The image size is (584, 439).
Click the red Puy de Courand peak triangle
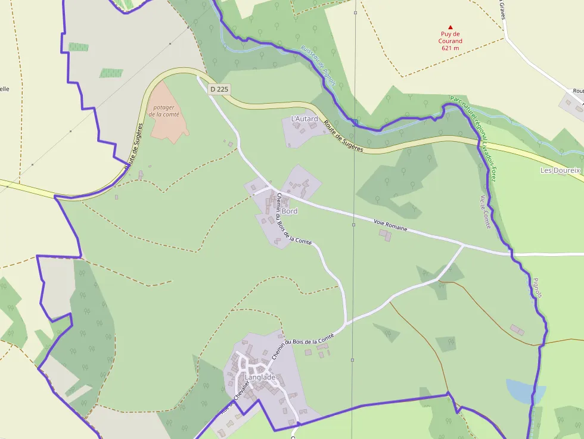tap(451, 27)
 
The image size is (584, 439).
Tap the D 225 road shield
tap(219, 89)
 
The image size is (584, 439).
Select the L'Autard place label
tap(304, 119)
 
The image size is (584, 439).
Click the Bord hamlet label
tap(290, 211)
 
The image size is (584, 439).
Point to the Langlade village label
tap(260, 377)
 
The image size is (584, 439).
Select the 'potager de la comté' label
tap(164, 111)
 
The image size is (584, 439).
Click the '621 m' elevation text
tap(451, 48)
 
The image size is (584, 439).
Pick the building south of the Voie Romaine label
tap(386, 236)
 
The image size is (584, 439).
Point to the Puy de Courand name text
tap(451, 38)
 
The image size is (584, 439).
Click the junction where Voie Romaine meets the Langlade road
tap(464, 244)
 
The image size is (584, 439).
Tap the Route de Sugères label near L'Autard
tap(343, 136)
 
